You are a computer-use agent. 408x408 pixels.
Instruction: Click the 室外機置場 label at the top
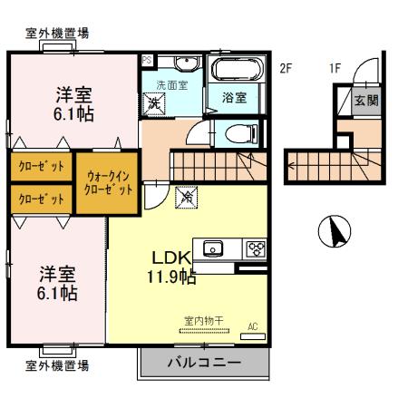[56, 34]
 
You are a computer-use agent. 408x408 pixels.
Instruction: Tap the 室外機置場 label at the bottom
[56, 366]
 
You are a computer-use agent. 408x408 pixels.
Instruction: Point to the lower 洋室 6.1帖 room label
[56, 284]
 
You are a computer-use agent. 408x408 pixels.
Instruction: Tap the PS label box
[146, 60]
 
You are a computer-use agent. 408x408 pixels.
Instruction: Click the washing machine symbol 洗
[155, 104]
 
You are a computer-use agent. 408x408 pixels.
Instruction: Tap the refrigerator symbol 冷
[187, 193]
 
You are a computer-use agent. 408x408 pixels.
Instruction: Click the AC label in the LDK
[252, 326]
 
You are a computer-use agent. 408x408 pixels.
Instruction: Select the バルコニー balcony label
[203, 364]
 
